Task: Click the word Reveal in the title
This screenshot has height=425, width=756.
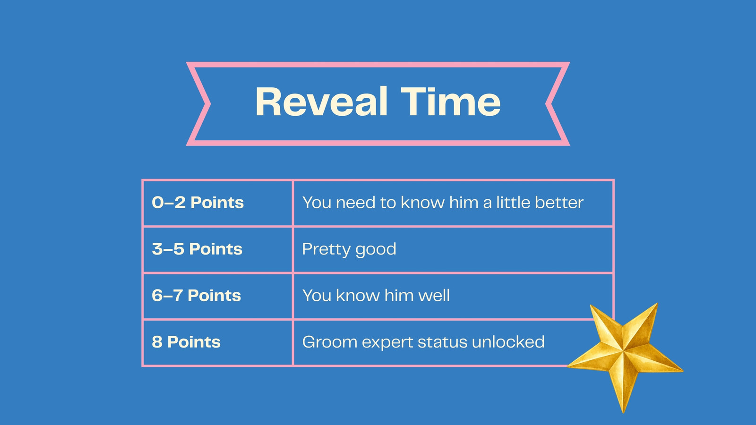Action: point(321,102)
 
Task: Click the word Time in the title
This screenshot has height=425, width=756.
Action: point(451,102)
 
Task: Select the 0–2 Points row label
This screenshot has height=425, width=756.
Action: point(198,203)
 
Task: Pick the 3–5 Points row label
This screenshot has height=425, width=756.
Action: point(197,249)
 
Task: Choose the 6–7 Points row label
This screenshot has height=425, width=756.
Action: point(197,296)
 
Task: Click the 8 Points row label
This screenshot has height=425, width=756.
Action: point(186,342)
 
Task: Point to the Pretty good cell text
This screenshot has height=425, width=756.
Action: point(349,250)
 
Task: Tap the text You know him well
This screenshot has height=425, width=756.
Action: point(376,296)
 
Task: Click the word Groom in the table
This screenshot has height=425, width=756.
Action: point(330,342)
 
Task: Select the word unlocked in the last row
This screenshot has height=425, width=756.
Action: point(508,342)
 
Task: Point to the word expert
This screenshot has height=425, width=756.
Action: point(387,343)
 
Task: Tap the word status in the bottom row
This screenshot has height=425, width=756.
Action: point(442,342)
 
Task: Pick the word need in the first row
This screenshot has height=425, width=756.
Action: point(355,203)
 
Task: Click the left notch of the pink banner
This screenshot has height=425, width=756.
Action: point(209,104)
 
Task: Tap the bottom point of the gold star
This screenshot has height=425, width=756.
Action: point(623,412)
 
